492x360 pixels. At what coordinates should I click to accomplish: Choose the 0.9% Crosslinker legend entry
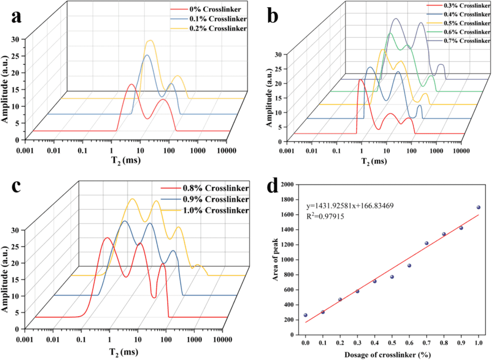click(215, 199)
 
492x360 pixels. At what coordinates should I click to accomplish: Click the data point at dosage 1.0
click(479, 208)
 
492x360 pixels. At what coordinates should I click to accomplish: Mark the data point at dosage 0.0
click(305, 315)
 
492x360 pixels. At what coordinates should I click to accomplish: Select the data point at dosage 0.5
click(392, 277)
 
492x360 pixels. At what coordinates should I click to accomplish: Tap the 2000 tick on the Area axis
click(289, 185)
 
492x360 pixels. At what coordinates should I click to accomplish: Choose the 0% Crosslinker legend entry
click(212, 9)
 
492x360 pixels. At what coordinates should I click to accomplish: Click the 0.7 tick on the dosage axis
click(427, 343)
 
